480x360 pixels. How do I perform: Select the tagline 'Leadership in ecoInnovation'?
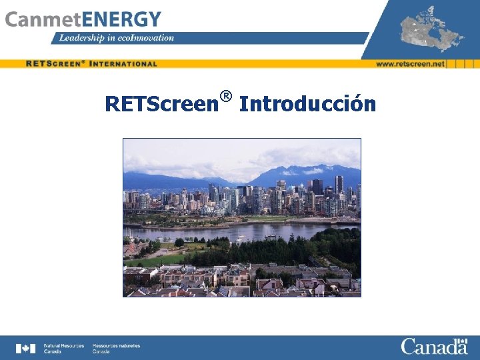click(x=116, y=38)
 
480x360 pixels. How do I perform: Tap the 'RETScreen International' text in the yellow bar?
click(x=91, y=64)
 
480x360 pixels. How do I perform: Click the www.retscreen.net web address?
click(x=409, y=64)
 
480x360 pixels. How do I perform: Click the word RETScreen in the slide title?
click(x=161, y=104)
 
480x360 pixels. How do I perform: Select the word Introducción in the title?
click(x=307, y=104)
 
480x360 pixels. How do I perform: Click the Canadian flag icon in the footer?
click(x=26, y=348)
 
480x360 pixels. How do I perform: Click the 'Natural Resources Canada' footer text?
click(x=64, y=348)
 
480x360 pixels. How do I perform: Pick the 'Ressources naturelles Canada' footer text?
click(x=116, y=348)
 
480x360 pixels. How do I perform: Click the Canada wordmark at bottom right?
click(x=434, y=347)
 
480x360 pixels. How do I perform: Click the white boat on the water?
click(x=241, y=237)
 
